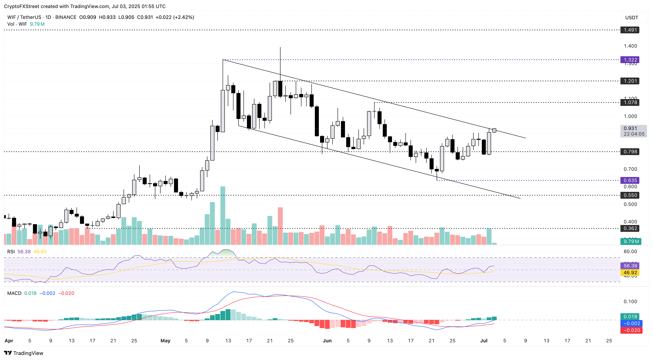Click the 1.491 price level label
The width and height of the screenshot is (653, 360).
coord(630,30)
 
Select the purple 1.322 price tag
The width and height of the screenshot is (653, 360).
coord(630,60)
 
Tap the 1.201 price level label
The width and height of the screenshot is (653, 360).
coord(630,81)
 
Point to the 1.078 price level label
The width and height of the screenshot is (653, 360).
coord(630,102)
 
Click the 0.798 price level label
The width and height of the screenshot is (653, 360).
coord(630,152)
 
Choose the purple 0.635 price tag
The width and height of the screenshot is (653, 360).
coord(630,180)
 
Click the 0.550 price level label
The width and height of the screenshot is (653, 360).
coord(630,195)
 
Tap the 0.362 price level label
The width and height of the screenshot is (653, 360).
coord(630,228)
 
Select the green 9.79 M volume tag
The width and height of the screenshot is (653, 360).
coord(631,241)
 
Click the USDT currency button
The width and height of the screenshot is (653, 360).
coord(632,18)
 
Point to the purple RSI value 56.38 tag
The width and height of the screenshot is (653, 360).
coord(630,266)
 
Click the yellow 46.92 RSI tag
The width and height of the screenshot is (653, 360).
coord(630,273)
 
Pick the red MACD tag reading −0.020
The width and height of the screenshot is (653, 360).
coord(631,330)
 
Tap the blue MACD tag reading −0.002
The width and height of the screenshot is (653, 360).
coord(631,323)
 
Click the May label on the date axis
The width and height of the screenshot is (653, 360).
coord(165,341)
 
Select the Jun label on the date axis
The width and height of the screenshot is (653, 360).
coord(327,341)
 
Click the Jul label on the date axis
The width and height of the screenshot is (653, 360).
coord(484,341)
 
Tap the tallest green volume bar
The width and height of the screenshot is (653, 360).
coord(223,216)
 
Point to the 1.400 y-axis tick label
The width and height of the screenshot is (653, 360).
coord(630,46)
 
